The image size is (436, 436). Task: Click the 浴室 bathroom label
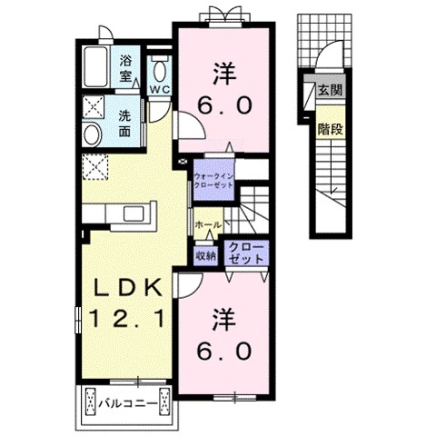[125, 68]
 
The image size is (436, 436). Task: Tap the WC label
[160, 89]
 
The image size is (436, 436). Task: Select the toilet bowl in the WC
[160, 71]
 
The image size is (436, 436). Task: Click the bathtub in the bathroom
[95, 67]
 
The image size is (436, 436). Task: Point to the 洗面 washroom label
[124, 124]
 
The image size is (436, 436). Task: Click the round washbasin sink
[93, 135]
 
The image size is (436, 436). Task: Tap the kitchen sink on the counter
[135, 214]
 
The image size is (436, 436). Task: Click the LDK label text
[127, 290]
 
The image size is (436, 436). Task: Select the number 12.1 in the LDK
[127, 318]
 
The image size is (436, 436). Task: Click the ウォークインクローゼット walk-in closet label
[213, 181]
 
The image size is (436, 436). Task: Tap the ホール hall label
[208, 224]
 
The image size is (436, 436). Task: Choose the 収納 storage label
[206, 256]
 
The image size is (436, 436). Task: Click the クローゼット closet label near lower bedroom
[246, 253]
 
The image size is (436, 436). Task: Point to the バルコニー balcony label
[128, 403]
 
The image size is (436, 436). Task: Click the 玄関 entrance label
[331, 90]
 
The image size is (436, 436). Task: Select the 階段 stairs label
[331, 129]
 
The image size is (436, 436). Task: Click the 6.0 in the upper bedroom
[224, 105]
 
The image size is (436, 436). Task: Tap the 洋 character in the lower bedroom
[224, 320]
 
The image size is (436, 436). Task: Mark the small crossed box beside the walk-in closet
[183, 162]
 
